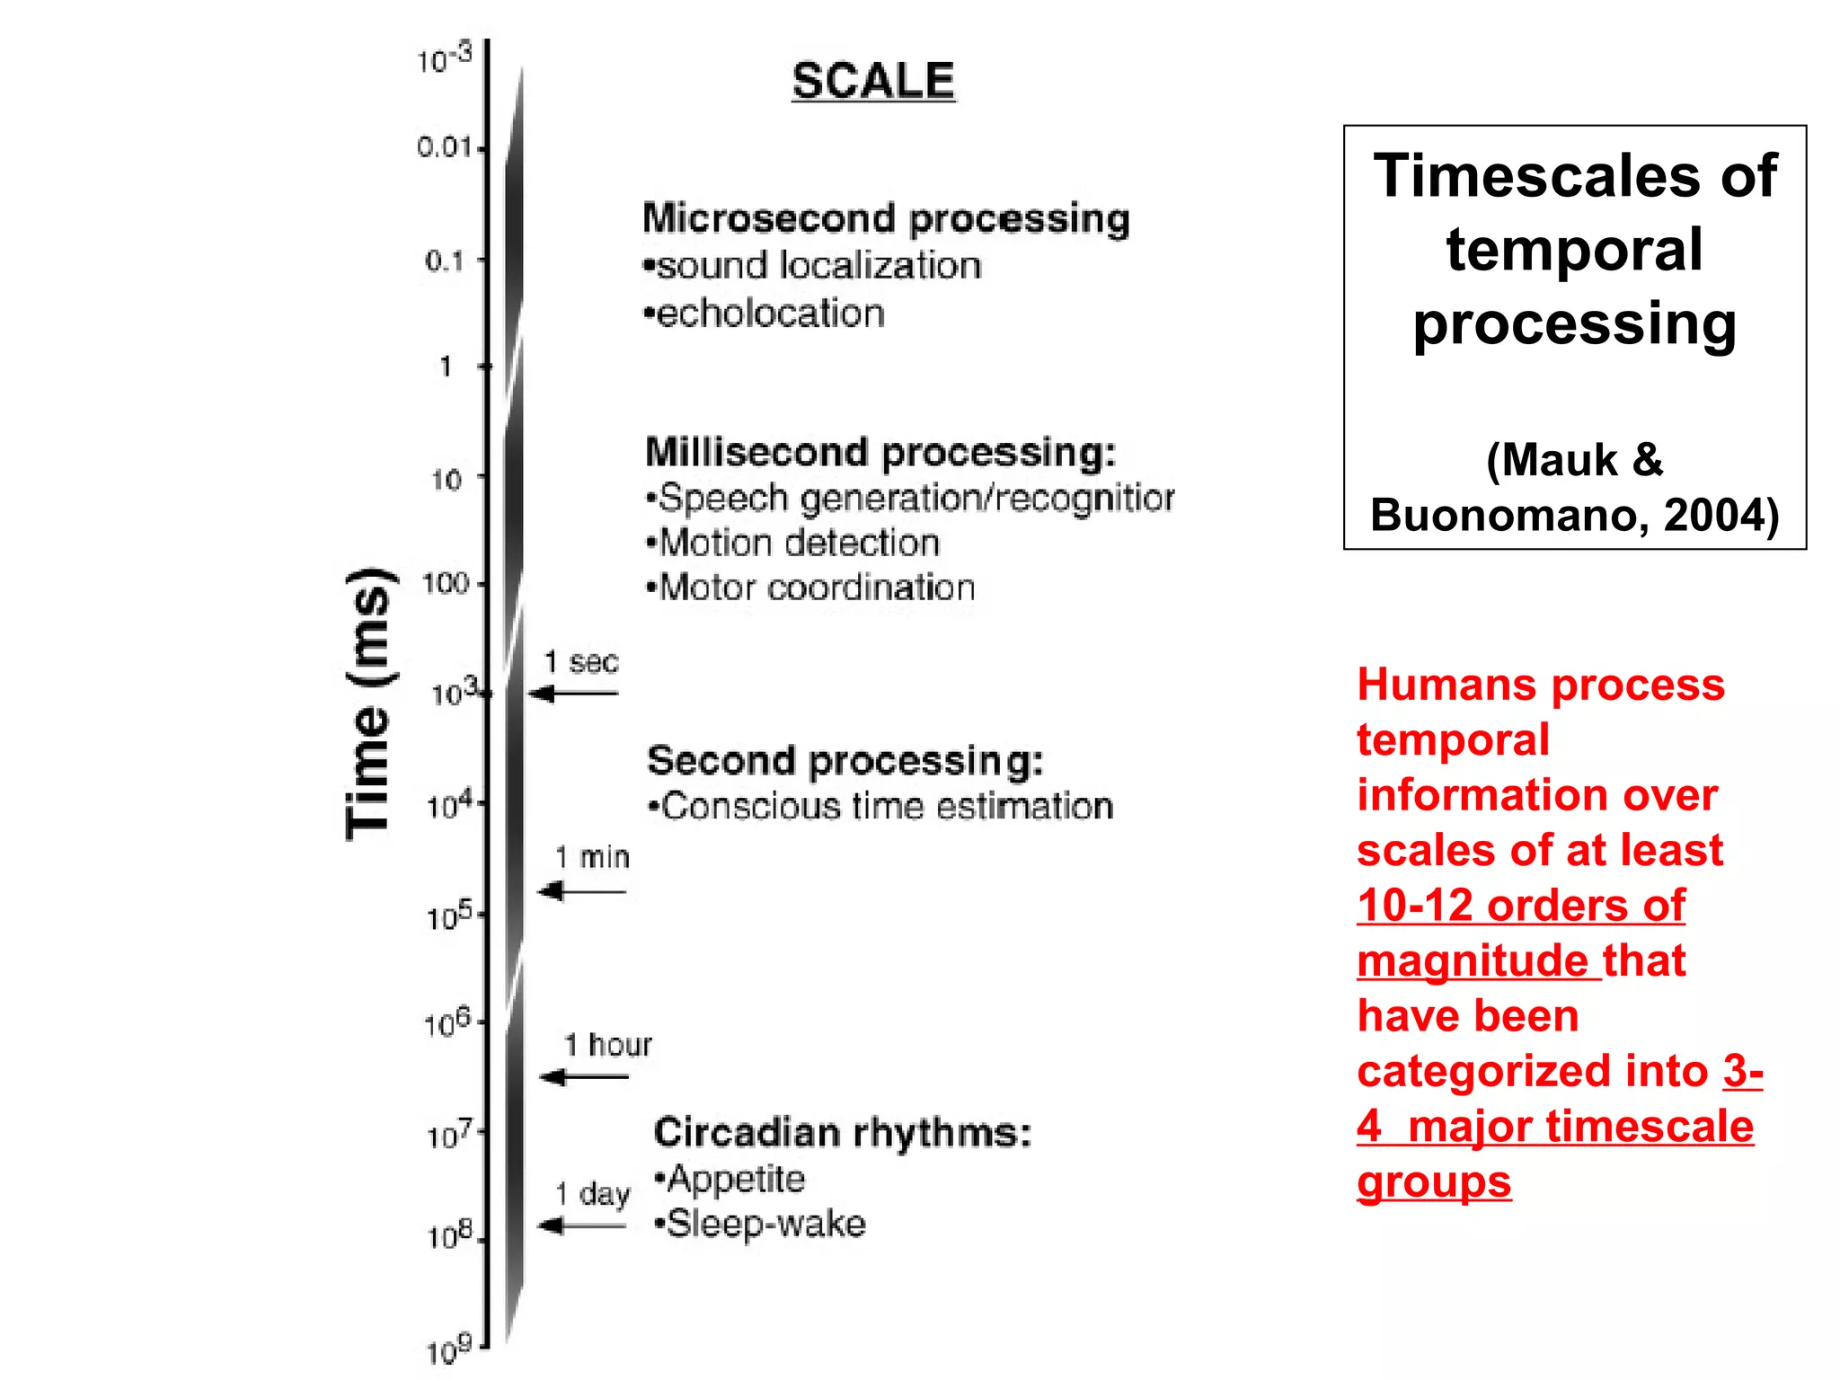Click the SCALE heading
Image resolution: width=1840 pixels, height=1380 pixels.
[x=872, y=82]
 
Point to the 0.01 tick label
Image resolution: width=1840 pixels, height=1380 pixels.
[x=444, y=147]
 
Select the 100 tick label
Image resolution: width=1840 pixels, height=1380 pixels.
[x=446, y=584]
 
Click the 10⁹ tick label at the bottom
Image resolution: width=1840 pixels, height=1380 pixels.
[x=449, y=1349]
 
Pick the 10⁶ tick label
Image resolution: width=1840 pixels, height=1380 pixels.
[x=447, y=1022]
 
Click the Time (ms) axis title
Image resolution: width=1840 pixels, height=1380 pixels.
[x=369, y=704]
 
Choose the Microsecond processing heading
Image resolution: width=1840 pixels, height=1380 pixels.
[x=886, y=218]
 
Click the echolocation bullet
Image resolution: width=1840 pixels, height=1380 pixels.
[x=765, y=314]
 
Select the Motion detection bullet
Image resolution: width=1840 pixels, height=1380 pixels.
[x=793, y=543]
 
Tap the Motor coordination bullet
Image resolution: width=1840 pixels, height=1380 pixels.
[x=810, y=588]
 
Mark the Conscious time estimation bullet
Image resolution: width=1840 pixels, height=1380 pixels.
[x=880, y=806]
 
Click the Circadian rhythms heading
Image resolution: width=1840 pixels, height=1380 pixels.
[x=842, y=1132]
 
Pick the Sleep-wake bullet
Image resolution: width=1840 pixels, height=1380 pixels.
[x=760, y=1224]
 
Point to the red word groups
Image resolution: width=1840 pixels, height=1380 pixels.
[x=1434, y=1181]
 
